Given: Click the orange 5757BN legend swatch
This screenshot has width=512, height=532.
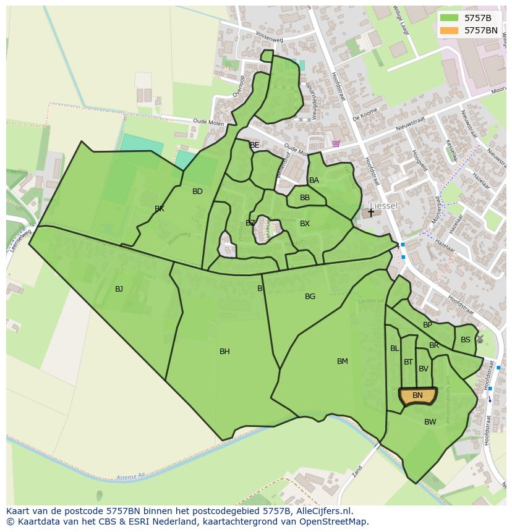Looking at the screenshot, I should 450,30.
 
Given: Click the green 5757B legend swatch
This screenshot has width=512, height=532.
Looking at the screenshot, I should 450,18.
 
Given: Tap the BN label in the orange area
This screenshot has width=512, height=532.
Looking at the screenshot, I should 417,395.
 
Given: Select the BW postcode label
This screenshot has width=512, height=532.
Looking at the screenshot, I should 430,422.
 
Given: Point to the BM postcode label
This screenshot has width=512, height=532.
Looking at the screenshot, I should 343,361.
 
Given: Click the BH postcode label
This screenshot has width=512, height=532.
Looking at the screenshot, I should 224,352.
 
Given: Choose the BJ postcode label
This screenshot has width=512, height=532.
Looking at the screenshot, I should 119,289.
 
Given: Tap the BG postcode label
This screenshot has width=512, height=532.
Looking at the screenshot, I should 310,297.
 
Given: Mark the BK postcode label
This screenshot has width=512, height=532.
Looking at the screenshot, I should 160,209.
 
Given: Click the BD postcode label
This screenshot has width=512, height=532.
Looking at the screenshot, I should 197,192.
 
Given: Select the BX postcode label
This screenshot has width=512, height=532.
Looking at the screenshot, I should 304,224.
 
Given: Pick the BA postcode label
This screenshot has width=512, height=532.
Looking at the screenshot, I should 314,180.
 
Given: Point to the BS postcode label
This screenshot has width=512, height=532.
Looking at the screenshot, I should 465,340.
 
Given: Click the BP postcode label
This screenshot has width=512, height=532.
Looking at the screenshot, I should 427,325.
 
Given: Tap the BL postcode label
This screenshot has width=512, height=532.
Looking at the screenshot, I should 395,348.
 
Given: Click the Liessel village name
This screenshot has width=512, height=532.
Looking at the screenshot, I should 384,205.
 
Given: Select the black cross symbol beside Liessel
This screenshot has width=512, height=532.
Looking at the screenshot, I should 371,212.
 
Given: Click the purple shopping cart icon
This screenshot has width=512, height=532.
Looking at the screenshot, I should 336,143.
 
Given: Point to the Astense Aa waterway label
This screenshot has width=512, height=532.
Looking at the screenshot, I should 130,476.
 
